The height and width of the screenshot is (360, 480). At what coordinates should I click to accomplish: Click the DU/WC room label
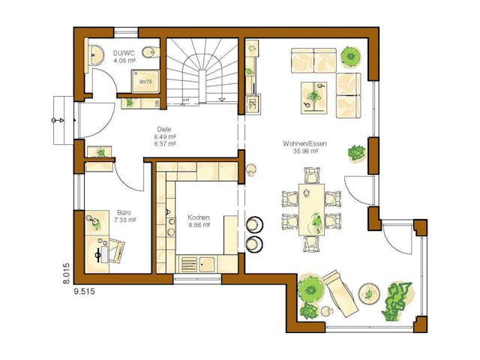point(123,53)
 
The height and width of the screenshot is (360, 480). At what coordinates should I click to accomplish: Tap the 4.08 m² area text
point(123,61)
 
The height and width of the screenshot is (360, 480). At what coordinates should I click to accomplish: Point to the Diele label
point(164,129)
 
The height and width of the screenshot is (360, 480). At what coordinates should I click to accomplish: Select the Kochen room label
point(199,217)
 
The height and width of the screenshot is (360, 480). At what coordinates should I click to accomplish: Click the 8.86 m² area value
point(199,224)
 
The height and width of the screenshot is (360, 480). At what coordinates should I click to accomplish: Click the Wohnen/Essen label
point(301,142)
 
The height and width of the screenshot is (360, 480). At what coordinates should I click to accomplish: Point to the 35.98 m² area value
point(301,151)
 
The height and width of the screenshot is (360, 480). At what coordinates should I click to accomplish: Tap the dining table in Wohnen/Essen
point(310,209)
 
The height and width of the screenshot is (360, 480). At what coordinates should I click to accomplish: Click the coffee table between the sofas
point(314,95)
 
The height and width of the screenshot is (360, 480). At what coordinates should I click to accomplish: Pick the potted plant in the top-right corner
point(350,55)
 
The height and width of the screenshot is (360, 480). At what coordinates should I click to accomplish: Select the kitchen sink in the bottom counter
point(206,263)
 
